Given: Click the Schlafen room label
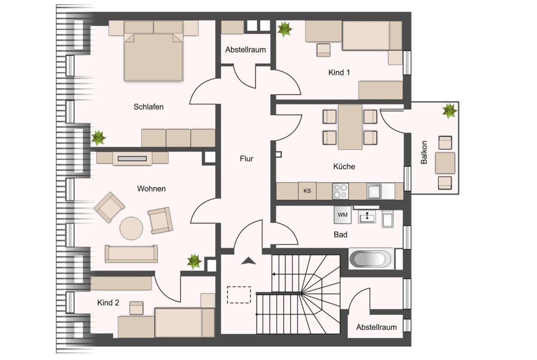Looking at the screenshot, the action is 148,107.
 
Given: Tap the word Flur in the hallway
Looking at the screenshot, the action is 246,158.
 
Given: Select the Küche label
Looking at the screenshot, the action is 344,166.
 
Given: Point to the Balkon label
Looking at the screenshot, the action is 424,152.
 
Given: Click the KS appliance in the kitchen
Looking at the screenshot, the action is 307,191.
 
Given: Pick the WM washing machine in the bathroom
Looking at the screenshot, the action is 342,215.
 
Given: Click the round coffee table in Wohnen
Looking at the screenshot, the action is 132,228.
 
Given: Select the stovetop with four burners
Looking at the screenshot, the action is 341,191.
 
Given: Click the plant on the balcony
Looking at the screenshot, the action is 449,111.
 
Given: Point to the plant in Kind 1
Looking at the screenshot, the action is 285,29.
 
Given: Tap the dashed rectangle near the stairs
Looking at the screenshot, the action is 239,294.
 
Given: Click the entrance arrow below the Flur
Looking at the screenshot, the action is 249,261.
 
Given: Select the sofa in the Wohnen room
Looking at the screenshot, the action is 131,254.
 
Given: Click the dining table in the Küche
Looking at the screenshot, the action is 350,127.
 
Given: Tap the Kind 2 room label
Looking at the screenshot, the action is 108,303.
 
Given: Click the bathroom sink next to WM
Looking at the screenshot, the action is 367,216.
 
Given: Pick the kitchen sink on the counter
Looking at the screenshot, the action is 375,191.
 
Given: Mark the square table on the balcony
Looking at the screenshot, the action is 445,163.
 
